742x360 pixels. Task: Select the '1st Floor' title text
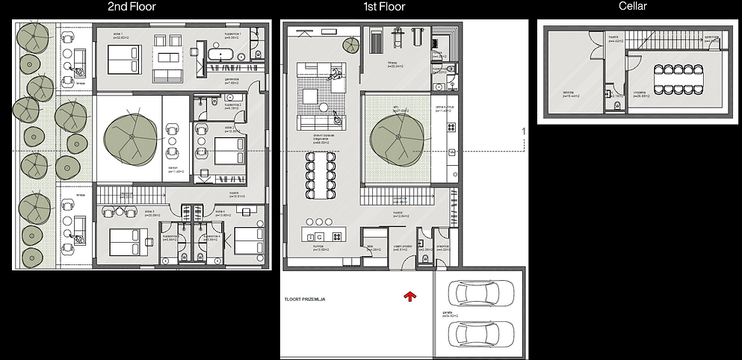(x=380, y=7)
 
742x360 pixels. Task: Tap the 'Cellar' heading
(x=632, y=7)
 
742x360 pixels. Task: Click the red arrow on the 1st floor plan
(x=409, y=298)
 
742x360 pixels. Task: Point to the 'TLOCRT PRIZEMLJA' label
(x=306, y=300)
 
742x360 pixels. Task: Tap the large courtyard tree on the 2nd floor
(x=132, y=139)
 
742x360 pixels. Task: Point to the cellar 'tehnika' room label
(x=573, y=94)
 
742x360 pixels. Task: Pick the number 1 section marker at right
(x=524, y=131)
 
